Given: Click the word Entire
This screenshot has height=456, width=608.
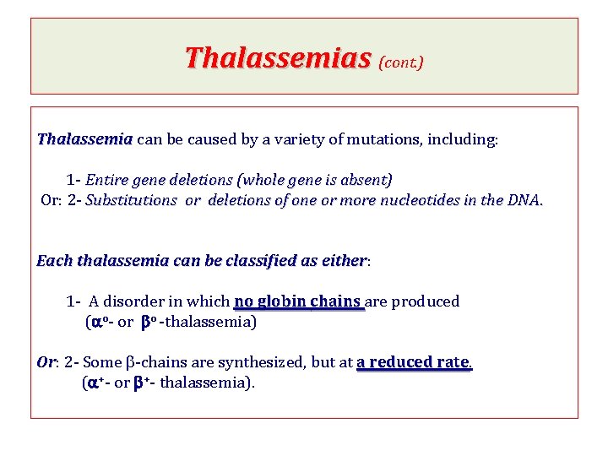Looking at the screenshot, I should pyautogui.click(x=106, y=180).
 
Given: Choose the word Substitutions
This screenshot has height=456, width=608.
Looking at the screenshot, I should pyautogui.click(x=131, y=201).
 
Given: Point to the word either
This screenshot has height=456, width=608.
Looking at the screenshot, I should pyautogui.click(x=344, y=261).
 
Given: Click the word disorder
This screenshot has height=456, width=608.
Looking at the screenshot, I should pyautogui.click(x=135, y=301).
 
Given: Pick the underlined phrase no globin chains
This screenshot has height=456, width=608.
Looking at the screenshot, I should pyautogui.click(x=299, y=301).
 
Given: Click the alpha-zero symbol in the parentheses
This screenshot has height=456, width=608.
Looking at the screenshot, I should pyautogui.click(x=99, y=322).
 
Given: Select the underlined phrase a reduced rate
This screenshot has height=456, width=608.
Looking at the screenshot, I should pyautogui.click(x=413, y=362).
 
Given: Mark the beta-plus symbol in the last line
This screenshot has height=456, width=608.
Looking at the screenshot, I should pyautogui.click(x=141, y=383).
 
